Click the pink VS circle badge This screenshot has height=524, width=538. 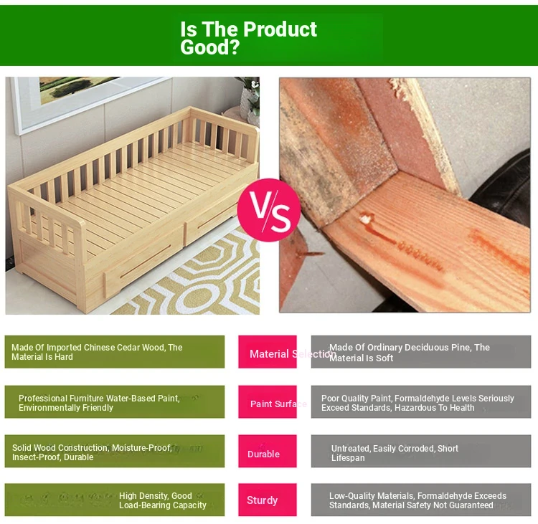coord(269,210)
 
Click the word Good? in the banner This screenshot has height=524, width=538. coord(209,47)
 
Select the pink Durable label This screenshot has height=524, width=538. coord(268,451)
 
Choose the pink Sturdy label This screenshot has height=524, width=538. coord(268,500)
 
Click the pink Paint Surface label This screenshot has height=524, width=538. coord(268,401)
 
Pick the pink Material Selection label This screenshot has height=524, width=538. coord(268,352)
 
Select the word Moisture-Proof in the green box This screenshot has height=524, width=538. coord(142,448)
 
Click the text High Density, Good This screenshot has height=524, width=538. coord(156,496)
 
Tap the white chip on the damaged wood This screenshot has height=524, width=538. coord(366,219)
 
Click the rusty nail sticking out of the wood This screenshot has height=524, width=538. coord(308,254)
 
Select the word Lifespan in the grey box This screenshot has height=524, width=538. coord(348,458)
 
